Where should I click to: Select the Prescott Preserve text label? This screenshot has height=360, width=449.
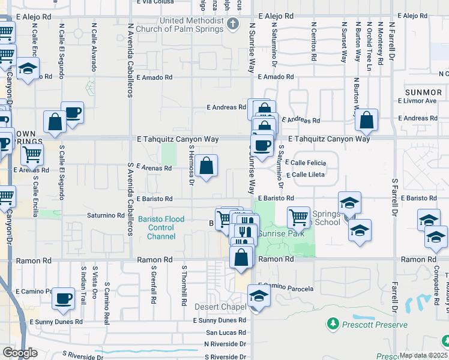373,325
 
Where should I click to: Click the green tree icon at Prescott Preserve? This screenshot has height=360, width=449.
333,325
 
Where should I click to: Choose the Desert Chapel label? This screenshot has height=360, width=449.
221,307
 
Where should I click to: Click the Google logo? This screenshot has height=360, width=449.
20,352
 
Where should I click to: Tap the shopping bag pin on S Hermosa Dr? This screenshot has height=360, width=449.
206,166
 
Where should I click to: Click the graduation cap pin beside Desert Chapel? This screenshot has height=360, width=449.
259,296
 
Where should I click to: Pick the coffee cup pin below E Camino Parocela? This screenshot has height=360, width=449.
63,299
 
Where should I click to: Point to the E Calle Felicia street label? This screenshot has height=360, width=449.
306,163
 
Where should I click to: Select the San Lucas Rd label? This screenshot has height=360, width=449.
226,332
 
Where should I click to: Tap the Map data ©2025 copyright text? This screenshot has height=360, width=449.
423,355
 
